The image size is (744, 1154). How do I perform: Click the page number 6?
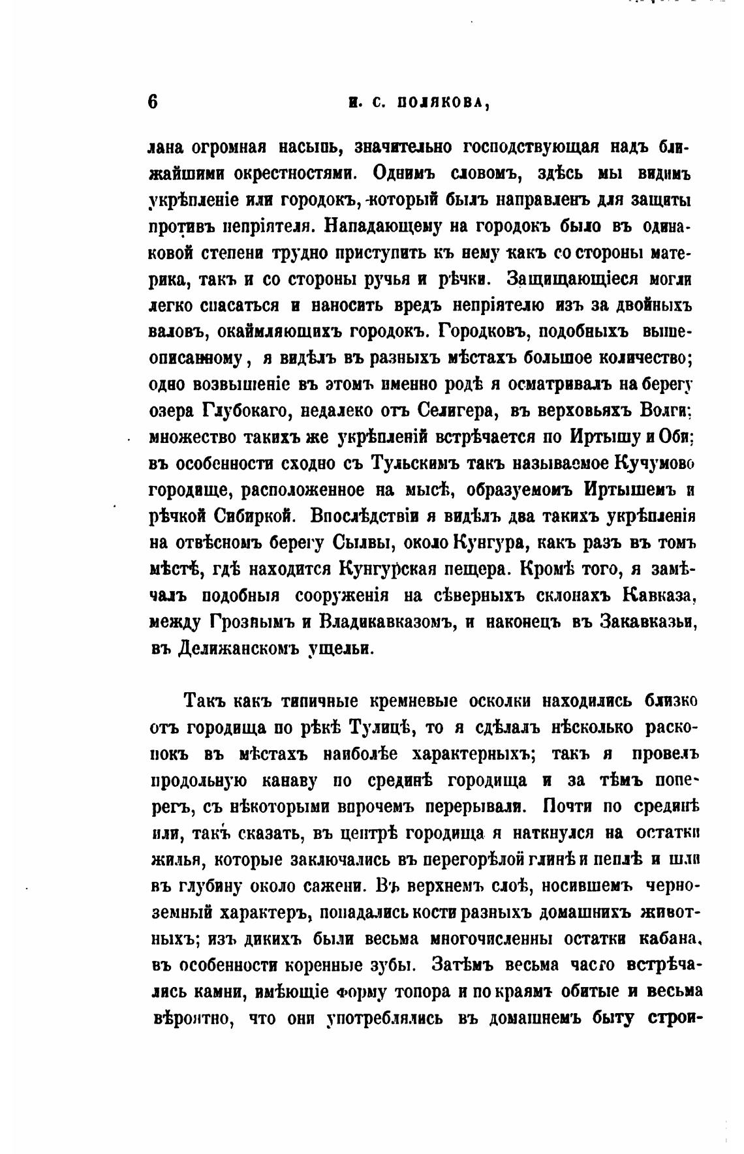click(153, 102)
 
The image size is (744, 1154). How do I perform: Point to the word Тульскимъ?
click(415, 463)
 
